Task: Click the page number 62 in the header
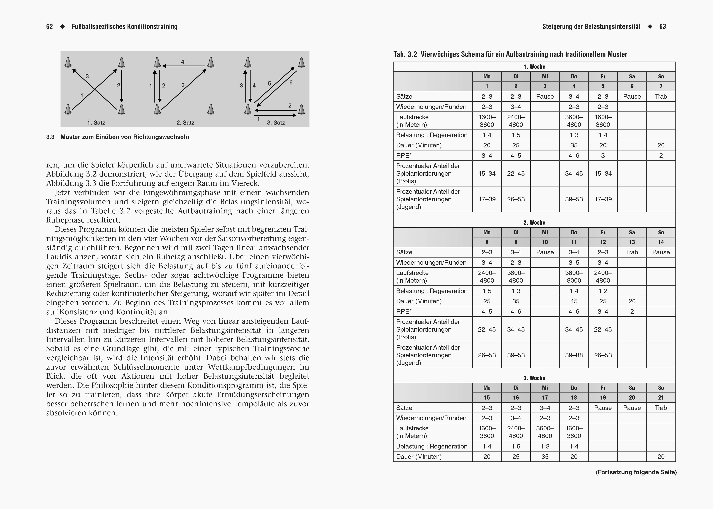49,27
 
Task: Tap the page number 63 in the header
663,27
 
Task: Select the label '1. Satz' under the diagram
96,123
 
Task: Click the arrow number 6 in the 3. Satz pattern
291,82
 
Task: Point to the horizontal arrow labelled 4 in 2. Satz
184,66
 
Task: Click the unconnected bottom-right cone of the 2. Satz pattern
211,109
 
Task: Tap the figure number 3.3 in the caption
50,137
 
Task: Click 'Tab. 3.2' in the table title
405,54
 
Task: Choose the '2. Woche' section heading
534,222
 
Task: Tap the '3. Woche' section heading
534,378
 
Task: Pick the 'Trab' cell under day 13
632,252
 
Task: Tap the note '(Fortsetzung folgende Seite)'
636,472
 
